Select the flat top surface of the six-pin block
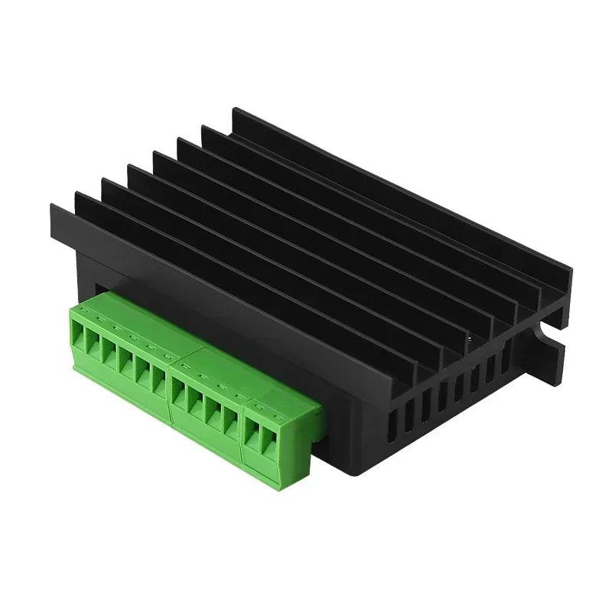tap(130, 322)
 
